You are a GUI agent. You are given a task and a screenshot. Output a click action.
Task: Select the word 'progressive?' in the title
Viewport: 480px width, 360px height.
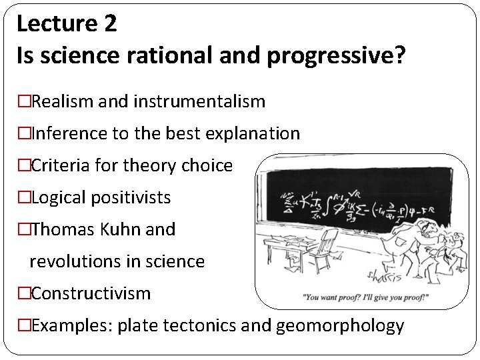pos(336,55)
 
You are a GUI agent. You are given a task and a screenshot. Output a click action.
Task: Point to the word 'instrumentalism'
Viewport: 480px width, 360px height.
pos(199,102)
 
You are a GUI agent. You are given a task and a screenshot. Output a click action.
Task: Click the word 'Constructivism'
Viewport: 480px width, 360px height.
pos(91,293)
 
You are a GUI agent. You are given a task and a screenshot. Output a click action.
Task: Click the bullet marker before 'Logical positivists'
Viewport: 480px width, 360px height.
pos(24,198)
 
